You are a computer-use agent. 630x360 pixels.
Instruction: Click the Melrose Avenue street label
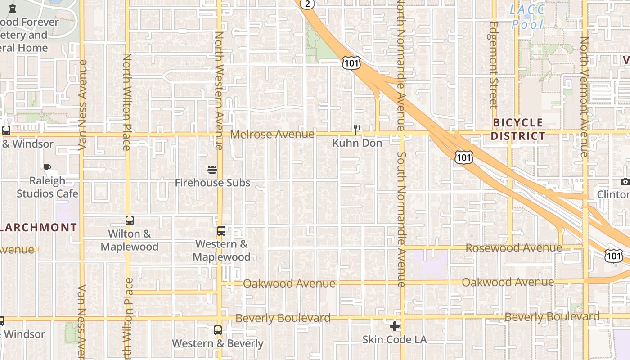[272, 134]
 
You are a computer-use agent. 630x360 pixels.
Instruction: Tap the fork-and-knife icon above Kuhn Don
[357, 130]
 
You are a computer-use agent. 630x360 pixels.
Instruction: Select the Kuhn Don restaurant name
[357, 143]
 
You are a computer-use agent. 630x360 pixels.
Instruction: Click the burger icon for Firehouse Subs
[212, 170]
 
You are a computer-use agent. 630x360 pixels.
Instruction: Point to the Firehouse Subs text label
[212, 183]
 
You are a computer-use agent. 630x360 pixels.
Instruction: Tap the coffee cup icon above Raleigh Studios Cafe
[47, 168]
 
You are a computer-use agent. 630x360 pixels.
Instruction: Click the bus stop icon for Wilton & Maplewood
[130, 220]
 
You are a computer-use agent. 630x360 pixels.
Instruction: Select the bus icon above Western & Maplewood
[221, 231]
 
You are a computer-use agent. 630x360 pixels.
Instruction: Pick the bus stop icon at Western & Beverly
[218, 330]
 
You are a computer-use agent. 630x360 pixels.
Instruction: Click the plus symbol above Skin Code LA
[395, 326]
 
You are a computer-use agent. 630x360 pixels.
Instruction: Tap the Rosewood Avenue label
[513, 248]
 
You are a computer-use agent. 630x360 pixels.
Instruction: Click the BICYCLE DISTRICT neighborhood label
[518, 129]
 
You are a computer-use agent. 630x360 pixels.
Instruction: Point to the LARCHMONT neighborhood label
[39, 227]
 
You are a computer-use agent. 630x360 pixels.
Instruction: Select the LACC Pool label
[527, 17]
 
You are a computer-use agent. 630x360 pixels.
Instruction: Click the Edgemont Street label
[494, 65]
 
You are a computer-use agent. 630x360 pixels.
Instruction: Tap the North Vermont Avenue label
[585, 97]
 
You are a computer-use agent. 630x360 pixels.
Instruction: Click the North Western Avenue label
[219, 90]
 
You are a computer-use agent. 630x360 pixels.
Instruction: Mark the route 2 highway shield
[307, 4]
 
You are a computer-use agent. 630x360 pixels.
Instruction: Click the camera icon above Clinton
[625, 182]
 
